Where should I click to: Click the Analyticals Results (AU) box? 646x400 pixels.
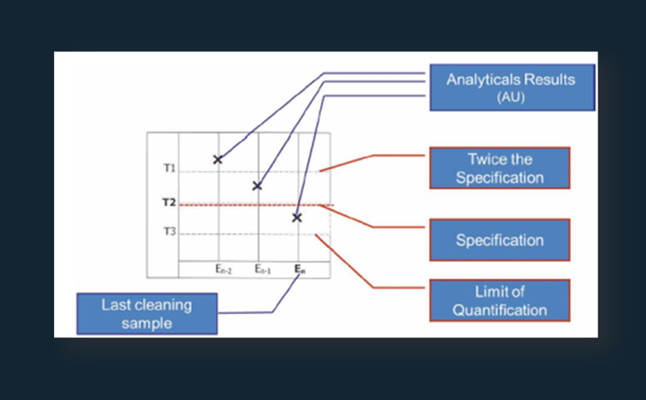point(512,87)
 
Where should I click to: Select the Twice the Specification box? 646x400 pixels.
point(499,168)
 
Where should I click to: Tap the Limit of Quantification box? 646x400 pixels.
point(499,301)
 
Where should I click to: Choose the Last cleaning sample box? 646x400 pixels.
point(147,313)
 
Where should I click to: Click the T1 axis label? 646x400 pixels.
point(169,169)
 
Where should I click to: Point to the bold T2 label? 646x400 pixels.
point(169,203)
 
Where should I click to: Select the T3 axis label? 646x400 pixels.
point(169,231)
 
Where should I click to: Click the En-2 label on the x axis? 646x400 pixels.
point(223,269)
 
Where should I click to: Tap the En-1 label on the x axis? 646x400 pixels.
point(261,269)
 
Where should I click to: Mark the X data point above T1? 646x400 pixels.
point(217,160)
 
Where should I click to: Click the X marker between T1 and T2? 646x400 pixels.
point(257,185)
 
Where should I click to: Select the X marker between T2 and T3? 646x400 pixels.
point(297,217)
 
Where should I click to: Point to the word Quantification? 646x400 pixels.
point(499,310)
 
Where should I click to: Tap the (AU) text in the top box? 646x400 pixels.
point(511,98)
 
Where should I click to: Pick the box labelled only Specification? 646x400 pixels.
point(499,240)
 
